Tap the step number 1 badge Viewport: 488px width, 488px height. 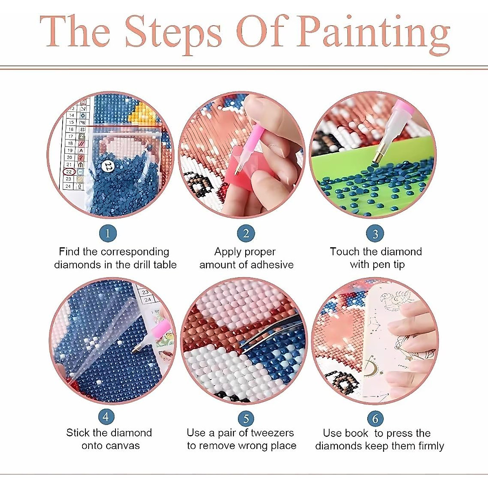(108, 233)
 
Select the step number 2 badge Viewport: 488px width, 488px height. (246, 233)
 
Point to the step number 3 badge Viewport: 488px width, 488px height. (375, 234)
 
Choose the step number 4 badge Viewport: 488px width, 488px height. (106, 416)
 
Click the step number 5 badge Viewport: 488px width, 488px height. (246, 418)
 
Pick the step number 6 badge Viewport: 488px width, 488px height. (375, 418)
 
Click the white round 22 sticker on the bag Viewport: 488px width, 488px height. (108, 166)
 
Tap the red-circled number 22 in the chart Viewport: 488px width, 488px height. (69, 172)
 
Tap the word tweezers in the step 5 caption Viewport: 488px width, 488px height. (272, 433)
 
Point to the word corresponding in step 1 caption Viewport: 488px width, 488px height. (135, 252)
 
